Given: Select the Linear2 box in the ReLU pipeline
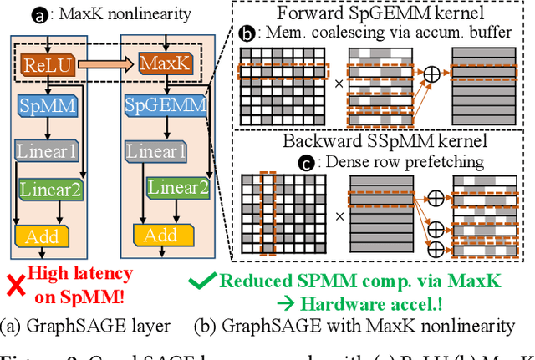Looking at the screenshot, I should pyautogui.click(x=52, y=190).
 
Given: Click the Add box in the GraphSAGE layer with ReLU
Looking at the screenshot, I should pyautogui.click(x=42, y=236).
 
